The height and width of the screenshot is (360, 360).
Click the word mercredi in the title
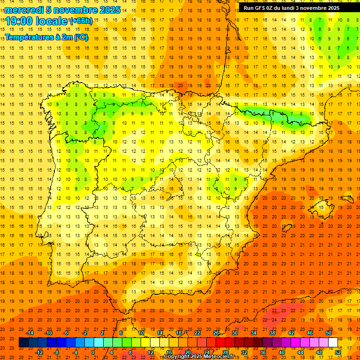click(x=24, y=10)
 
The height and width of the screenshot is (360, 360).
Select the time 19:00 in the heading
click(x=20, y=21)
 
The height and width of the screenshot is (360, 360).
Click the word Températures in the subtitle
click(x=30, y=37)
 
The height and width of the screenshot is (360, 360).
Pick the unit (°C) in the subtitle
click(x=80, y=37)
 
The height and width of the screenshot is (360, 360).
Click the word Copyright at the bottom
click(x=179, y=357)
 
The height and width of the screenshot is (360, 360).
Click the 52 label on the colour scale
click(x=337, y=352)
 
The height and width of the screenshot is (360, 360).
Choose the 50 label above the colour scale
click(x=328, y=333)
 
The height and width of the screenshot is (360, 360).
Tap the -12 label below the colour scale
click(x=39, y=352)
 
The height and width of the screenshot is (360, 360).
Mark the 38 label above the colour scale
click(x=272, y=333)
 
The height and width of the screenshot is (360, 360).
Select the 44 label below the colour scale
click(x=300, y=352)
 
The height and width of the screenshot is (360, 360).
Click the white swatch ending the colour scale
click(x=333, y=343)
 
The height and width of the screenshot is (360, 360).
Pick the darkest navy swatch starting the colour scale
click(x=23, y=343)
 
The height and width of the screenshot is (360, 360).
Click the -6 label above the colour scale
click(x=67, y=333)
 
